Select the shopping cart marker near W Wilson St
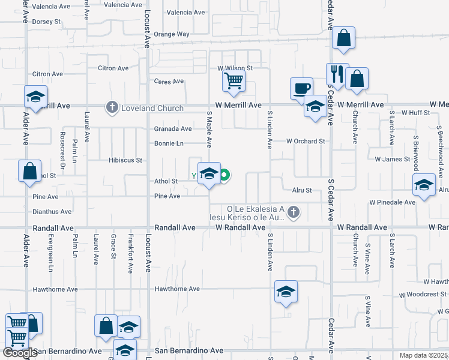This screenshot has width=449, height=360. (x=233, y=80)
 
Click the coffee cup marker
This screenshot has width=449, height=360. (x=301, y=88)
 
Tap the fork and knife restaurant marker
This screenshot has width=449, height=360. (x=337, y=74)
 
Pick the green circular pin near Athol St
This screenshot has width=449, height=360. (x=224, y=176)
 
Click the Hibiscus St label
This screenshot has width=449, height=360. (x=125, y=160)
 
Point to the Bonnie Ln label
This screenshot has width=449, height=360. (x=169, y=143)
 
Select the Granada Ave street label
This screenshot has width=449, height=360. (x=173, y=128)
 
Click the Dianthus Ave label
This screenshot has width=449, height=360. (x=52, y=211)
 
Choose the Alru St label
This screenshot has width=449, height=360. (x=301, y=190)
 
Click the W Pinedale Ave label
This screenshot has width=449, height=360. (x=393, y=202)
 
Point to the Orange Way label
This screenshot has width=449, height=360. (x=171, y=34)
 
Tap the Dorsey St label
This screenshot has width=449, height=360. (x=47, y=21)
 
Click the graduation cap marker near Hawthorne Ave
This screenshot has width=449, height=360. (x=286, y=292)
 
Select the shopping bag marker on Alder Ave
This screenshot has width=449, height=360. (x=29, y=171)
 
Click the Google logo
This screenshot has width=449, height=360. (x=20, y=353)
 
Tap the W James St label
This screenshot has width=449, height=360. (x=392, y=160)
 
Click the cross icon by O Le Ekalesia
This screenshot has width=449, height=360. (x=293, y=211)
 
